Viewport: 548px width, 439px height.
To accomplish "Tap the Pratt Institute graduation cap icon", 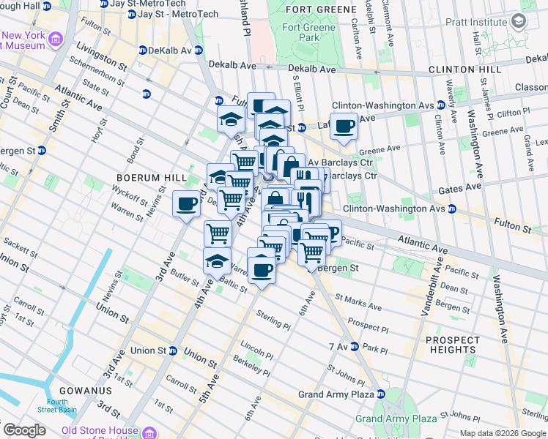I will pos(520,22).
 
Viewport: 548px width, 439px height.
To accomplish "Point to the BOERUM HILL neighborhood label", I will pos(144,178).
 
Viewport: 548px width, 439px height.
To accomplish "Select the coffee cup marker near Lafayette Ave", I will pos(343,127).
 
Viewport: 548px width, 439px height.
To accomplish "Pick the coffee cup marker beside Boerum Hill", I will pos(186,203).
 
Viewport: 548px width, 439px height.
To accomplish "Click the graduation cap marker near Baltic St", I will pos(217,260).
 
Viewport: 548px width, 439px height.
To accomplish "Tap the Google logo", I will pos(24,430).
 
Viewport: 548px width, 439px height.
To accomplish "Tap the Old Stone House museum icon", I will pos(150,430).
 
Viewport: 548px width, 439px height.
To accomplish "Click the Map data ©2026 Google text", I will pos(503,433).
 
